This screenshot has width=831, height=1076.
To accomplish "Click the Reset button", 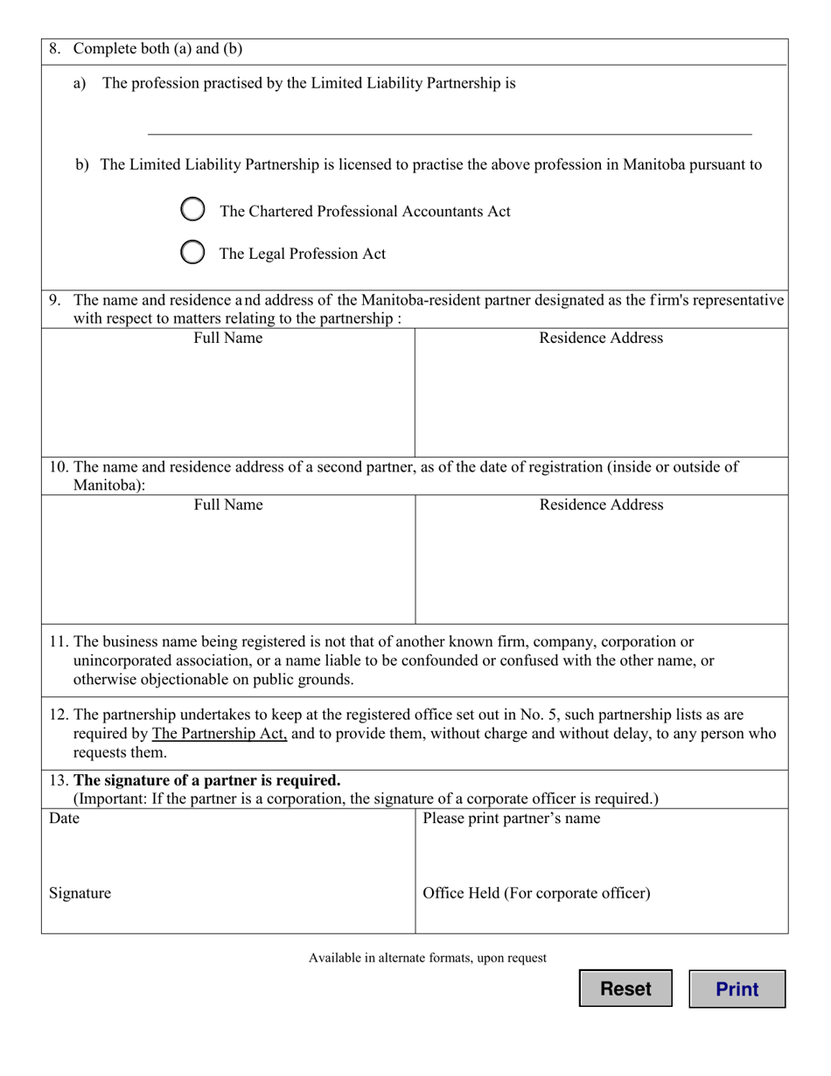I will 625,989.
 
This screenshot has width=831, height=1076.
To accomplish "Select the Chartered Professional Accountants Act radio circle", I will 192,210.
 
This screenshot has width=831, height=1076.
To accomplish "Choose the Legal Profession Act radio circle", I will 192,253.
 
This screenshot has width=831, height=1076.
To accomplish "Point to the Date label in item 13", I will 64,819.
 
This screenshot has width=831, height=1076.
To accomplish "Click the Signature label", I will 80,893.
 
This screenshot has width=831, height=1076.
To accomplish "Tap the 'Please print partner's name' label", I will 512,819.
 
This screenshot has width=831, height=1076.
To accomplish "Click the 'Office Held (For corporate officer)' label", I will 536,893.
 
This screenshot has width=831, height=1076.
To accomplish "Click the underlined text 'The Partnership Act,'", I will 220,734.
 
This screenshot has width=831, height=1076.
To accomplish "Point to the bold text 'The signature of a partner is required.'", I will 207,780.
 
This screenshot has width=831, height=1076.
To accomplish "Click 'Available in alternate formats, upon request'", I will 428,958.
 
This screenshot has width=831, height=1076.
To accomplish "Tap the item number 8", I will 55,49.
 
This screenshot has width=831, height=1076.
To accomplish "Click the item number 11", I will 59,642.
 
